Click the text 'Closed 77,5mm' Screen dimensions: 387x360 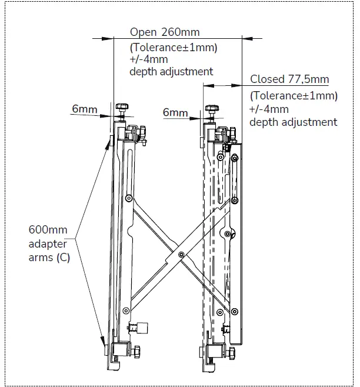289,79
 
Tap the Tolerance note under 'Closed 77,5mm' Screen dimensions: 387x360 294,95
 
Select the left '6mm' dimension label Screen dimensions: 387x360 85,109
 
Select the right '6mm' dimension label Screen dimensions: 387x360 175,113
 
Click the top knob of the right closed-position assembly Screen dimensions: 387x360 212,109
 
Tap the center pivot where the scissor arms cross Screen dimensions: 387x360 181,254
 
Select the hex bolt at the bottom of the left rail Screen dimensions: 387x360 136,351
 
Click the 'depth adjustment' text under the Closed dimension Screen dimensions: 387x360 293,122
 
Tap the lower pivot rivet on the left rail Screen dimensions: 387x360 125,311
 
